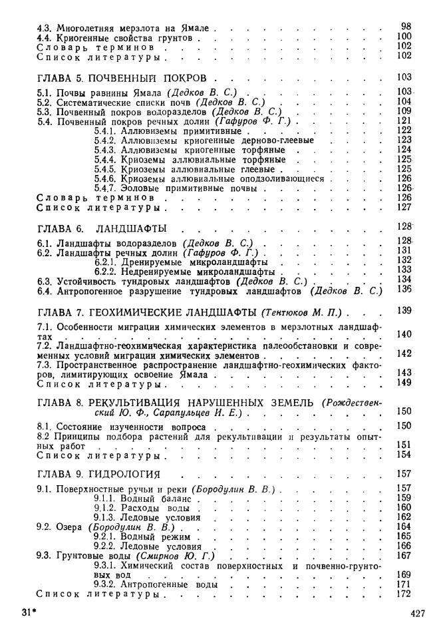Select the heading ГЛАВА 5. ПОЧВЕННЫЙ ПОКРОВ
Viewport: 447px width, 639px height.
(x=122, y=77)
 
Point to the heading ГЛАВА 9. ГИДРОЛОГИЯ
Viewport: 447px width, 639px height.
(x=98, y=474)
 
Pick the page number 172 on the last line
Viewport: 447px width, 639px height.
(x=404, y=594)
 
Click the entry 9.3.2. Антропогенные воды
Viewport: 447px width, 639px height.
(x=156, y=584)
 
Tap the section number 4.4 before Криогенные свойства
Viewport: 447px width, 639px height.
(x=45, y=38)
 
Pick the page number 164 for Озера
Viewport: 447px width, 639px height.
(x=404, y=527)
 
